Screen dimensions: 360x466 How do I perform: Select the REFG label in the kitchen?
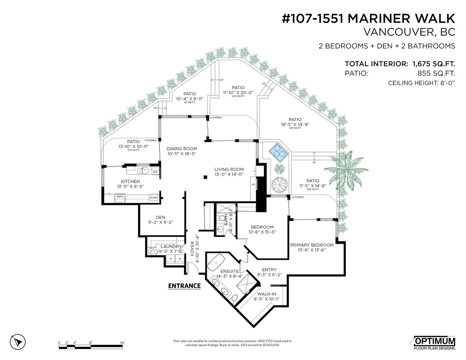(120, 197)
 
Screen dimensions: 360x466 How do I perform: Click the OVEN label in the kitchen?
(154, 198)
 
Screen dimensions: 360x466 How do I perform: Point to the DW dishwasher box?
(155, 172)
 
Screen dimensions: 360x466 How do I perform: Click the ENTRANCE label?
(184, 286)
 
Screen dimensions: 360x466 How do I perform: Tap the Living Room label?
(229, 169)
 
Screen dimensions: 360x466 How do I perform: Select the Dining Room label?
(182, 149)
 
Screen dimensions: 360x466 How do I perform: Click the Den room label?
(160, 217)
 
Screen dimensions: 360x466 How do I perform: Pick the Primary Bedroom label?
(312, 245)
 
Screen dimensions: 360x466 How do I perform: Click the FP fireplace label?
(253, 185)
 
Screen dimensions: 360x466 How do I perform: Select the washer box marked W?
(179, 259)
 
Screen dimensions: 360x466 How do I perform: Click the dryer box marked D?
(170, 259)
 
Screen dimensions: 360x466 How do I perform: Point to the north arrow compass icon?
(18, 342)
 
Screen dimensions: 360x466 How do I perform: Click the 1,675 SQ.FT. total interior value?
(434, 64)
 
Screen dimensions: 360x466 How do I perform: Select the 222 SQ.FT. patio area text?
(238, 96)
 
